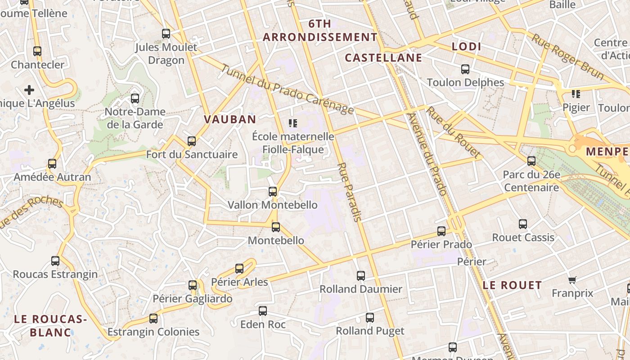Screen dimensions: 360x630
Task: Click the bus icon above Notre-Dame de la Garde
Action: click(135, 99)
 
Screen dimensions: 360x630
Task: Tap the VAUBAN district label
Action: click(230, 119)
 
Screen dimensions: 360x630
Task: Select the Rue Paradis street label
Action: click(349, 192)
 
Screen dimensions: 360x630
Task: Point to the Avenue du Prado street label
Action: click(426, 153)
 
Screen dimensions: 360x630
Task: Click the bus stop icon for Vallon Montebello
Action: click(273, 192)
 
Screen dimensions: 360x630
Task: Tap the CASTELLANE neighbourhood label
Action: click(383, 58)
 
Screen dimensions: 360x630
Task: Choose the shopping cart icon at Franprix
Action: click(572, 280)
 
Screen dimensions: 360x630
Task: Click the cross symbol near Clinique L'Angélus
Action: click(29, 90)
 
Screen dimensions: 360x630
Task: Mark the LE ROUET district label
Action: click(512, 285)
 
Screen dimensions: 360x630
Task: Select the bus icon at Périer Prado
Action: click(441, 231)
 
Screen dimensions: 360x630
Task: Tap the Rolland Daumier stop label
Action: click(361, 289)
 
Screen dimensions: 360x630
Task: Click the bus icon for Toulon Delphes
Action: click(465, 69)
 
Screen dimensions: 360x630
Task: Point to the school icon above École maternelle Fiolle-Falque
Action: click(293, 123)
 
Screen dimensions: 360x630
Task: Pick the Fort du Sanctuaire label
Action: click(192, 154)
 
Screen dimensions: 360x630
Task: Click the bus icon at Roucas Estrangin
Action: click(55, 261)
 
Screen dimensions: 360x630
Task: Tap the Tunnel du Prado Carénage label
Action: click(288, 90)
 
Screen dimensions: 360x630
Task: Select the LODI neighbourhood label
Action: click(466, 46)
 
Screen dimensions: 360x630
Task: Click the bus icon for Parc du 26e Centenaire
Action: click(531, 161)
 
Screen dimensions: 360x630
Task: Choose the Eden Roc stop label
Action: click(263, 324)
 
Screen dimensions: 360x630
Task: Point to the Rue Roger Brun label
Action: click(567, 56)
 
